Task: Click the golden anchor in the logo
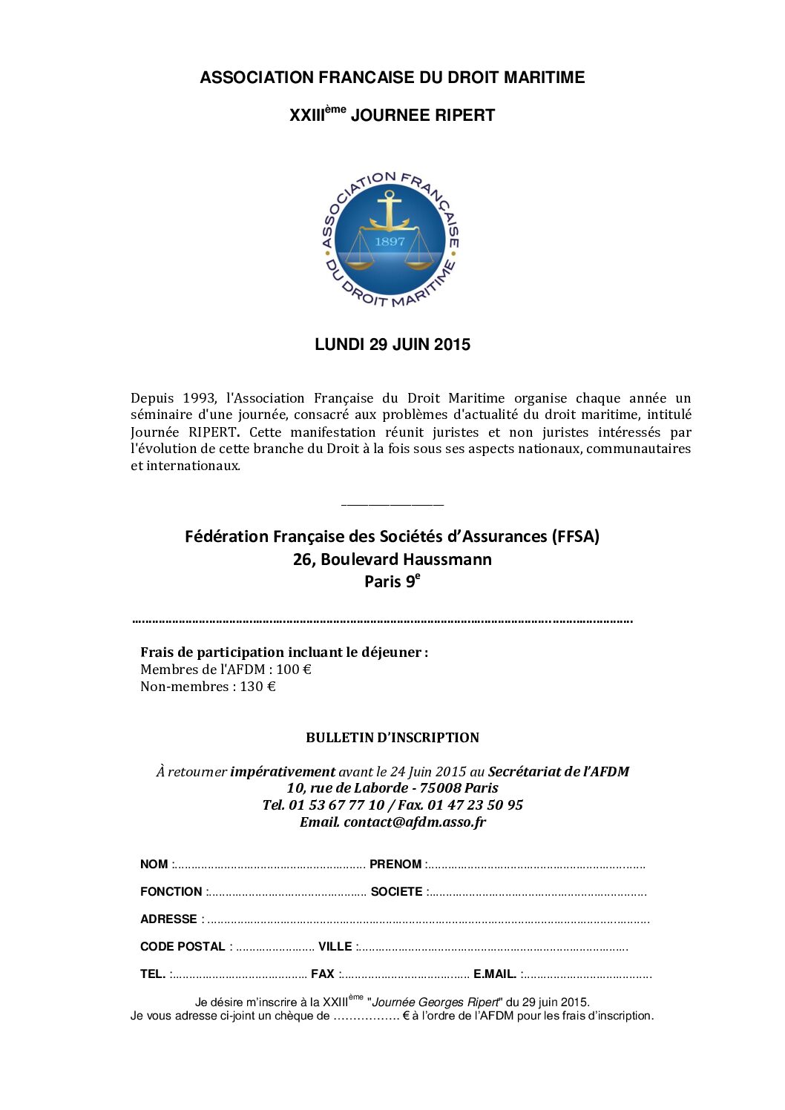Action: pos(389,211)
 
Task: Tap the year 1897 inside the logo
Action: pos(390,242)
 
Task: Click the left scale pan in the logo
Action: pos(356,260)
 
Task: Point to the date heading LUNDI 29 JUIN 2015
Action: pos(392,345)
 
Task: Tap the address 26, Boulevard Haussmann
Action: pos(392,559)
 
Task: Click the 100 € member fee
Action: pos(294,670)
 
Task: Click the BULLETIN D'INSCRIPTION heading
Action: pos(392,738)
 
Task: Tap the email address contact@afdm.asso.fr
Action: pos(415,822)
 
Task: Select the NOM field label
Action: pos(154,865)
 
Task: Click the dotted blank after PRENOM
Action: pos(536,865)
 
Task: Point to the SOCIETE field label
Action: pos(396,892)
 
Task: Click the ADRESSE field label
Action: pos(168,919)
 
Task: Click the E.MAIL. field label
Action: pos(495,974)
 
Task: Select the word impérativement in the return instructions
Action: pos(283,772)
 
